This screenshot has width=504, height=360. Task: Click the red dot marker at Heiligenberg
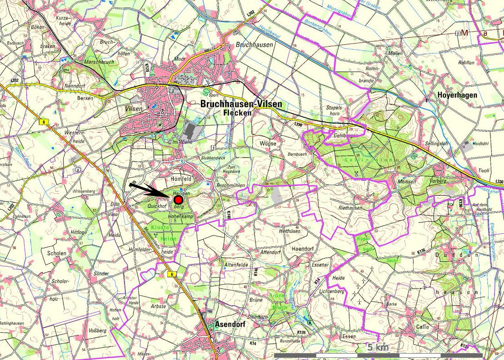tap(178, 200)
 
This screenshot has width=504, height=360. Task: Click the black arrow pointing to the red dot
tap(149, 190)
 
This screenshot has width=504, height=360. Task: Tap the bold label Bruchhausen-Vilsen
tap(241, 104)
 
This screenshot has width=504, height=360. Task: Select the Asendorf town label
tap(231, 324)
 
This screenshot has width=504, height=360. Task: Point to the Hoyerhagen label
tap(457, 95)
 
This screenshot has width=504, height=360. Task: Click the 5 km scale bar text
tap(377, 347)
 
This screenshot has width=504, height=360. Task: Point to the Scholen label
tap(57, 254)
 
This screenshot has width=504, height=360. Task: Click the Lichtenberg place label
tap(332, 291)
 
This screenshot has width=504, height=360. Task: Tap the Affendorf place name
tap(271, 252)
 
